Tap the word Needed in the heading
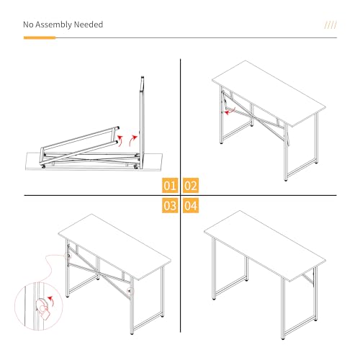pos(89,24)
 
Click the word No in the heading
pos(29,24)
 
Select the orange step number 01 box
pos(169,185)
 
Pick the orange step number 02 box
pos(191,185)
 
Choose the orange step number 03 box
pos(169,206)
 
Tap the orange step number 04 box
pos(191,206)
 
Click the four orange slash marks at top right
pos(330,25)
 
